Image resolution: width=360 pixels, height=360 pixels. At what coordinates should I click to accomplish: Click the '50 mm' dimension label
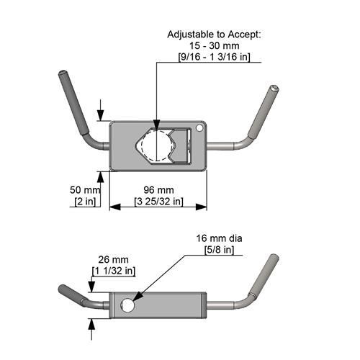(83, 189)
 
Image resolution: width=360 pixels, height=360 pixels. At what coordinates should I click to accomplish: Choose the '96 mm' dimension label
(157, 189)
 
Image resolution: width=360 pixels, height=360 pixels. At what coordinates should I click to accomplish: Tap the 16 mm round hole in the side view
(128, 305)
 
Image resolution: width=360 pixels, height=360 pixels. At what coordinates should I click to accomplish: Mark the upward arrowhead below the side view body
(92, 322)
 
